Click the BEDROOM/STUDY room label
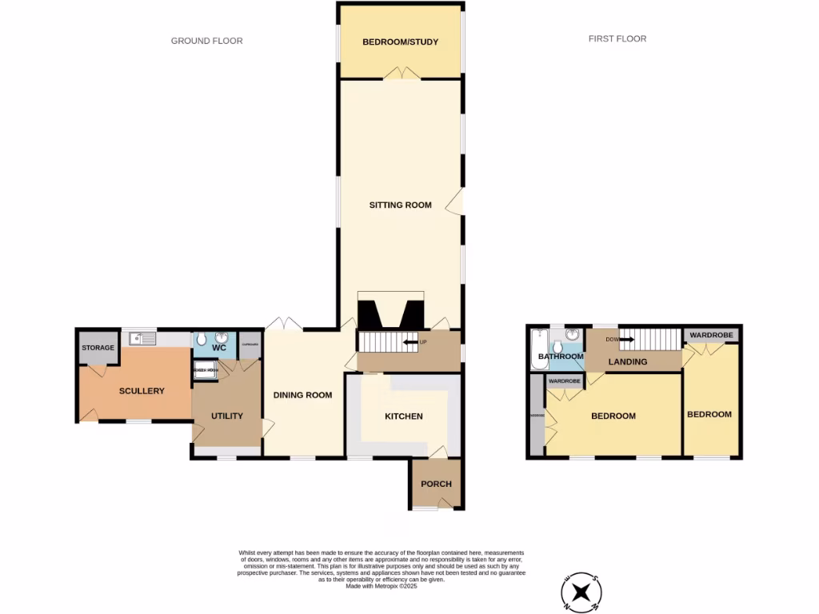click(400, 42)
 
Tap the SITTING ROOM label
click(400, 205)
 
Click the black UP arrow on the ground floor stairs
click(412, 342)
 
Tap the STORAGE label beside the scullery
click(98, 348)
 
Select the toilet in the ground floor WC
click(201, 339)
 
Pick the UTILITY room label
click(227, 417)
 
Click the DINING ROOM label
click(302, 395)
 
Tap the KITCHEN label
click(404, 417)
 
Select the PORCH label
click(436, 484)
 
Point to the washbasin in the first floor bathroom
click(572, 335)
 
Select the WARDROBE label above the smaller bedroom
click(711, 335)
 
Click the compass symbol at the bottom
click(581, 593)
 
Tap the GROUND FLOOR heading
click(206, 41)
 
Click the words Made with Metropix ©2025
click(382, 586)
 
